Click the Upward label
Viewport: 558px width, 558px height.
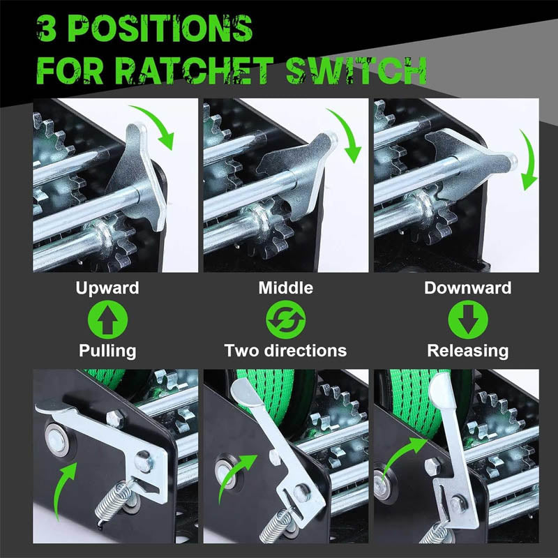click(107, 287)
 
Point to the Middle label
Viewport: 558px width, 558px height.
click(285, 287)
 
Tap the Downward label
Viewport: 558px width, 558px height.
click(467, 287)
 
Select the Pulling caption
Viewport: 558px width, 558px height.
click(107, 350)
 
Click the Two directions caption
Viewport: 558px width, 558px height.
click(285, 350)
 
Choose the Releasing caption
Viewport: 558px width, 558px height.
click(467, 350)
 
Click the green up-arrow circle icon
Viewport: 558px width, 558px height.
click(107, 319)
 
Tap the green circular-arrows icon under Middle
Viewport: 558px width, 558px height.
click(285, 319)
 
